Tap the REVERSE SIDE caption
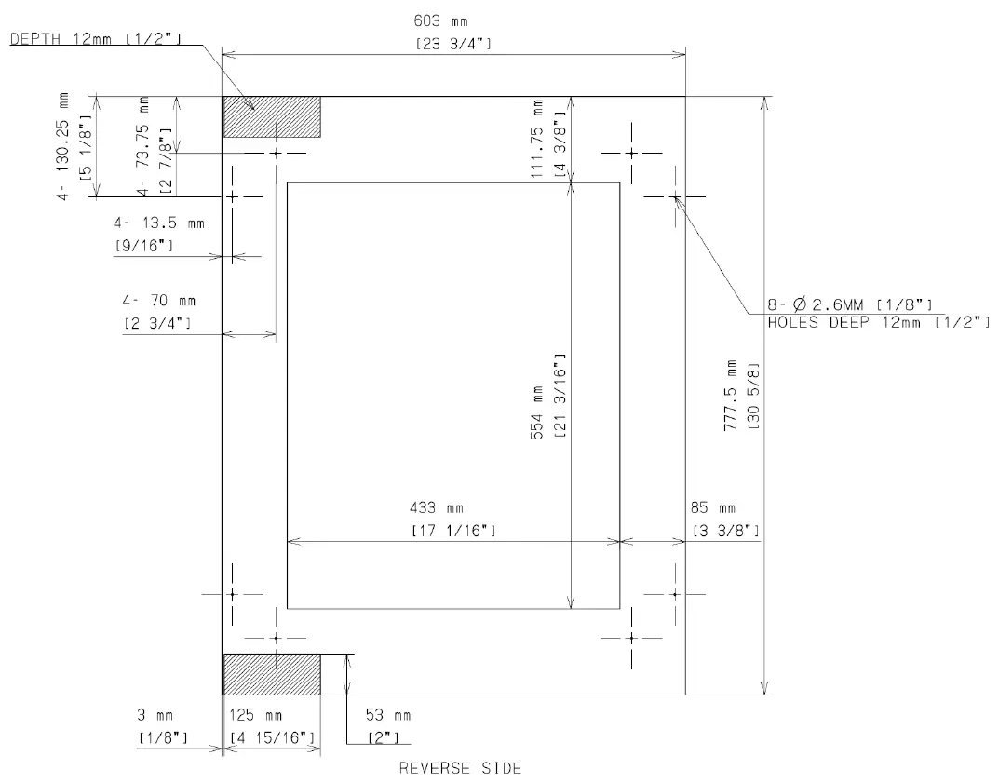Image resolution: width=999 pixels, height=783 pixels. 460,768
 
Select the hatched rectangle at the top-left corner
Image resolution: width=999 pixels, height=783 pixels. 271,117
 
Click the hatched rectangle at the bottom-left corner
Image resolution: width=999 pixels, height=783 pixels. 271,674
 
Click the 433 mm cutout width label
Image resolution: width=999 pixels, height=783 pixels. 437,508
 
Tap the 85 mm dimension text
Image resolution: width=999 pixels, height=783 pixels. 713,508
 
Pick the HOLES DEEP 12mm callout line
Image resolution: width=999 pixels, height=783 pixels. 878,322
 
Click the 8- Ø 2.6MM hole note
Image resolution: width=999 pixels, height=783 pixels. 850,304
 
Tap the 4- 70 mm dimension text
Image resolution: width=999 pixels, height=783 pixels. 159,301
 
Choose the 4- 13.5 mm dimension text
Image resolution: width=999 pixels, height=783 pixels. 159,223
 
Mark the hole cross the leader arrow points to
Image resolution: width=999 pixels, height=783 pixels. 675,197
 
